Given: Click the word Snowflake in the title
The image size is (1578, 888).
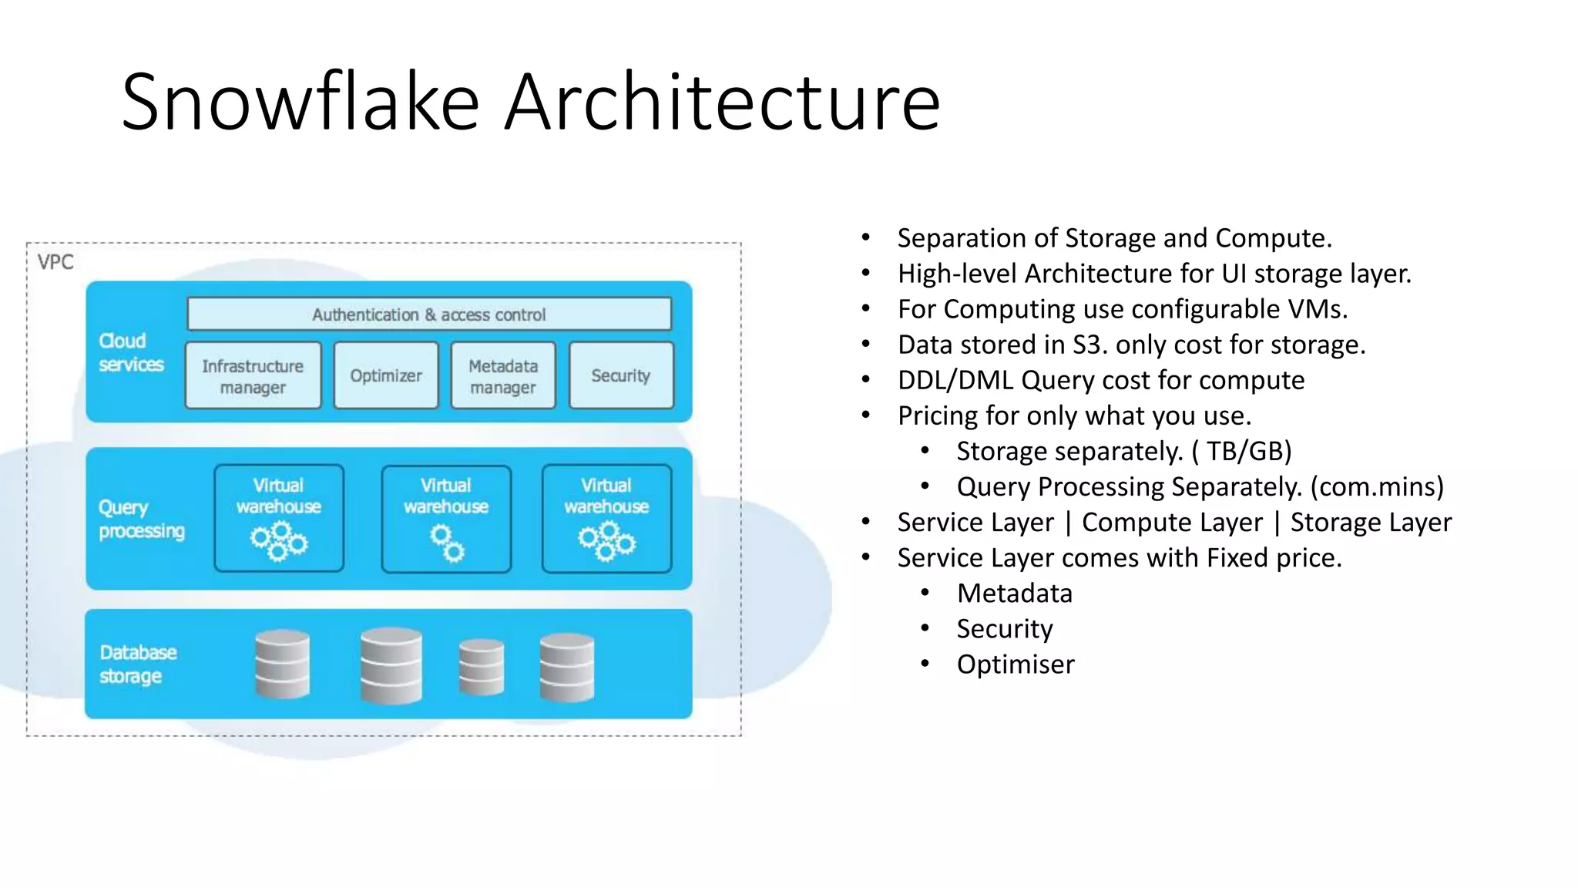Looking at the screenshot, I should pos(300,102).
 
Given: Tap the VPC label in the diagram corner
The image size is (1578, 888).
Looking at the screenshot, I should pos(55,262).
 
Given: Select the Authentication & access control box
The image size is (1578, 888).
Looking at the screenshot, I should pos(428,314).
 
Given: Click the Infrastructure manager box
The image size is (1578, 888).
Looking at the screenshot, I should pos(253,375).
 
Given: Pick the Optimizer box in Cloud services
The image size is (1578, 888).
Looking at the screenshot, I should pos(386,375).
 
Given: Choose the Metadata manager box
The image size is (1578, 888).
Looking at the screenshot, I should pos(503,375).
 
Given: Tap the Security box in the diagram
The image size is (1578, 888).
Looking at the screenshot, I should pos(621,375).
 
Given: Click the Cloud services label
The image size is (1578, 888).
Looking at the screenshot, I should pos(131,352).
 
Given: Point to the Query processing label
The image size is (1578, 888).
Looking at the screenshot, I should pos(141,519).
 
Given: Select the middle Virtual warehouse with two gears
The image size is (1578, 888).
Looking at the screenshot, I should pos(446,518).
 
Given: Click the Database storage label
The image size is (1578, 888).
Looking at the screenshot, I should pos(138,664).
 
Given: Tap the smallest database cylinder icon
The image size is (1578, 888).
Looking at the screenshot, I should pos(482,667).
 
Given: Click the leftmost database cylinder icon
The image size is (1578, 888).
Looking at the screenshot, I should pos(282,664).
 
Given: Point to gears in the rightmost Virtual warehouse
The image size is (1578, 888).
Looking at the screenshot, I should pos(607,541).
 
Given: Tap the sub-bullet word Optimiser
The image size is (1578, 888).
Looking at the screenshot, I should pos(1015,664).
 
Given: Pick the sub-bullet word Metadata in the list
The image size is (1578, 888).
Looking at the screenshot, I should pos(1014,594).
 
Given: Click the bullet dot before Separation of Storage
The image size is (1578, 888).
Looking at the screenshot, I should pos(866,237).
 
